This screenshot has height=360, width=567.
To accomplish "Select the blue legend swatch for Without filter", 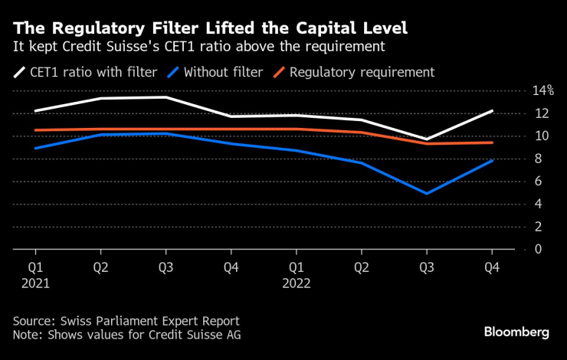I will (x=176, y=73).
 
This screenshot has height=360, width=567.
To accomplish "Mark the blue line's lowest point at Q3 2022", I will (x=426, y=193).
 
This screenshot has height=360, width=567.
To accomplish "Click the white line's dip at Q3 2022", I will (x=426, y=139).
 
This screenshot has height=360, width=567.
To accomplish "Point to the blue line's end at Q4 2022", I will (x=491, y=160).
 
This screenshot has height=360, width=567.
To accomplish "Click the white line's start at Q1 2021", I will (x=35, y=110).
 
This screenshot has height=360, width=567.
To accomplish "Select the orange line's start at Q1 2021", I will (x=35, y=130).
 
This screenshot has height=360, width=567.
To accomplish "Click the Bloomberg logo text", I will (x=516, y=332).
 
